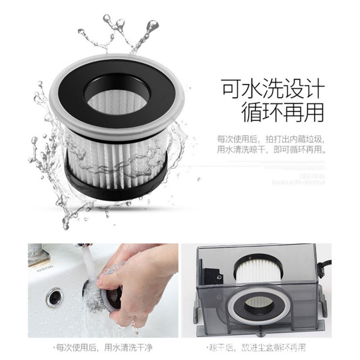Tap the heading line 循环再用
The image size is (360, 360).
(x=282, y=112)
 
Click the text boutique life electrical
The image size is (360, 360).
(x=298, y=182)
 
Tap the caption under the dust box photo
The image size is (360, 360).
(x=257, y=348)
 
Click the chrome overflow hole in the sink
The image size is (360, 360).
(x=54, y=297)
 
